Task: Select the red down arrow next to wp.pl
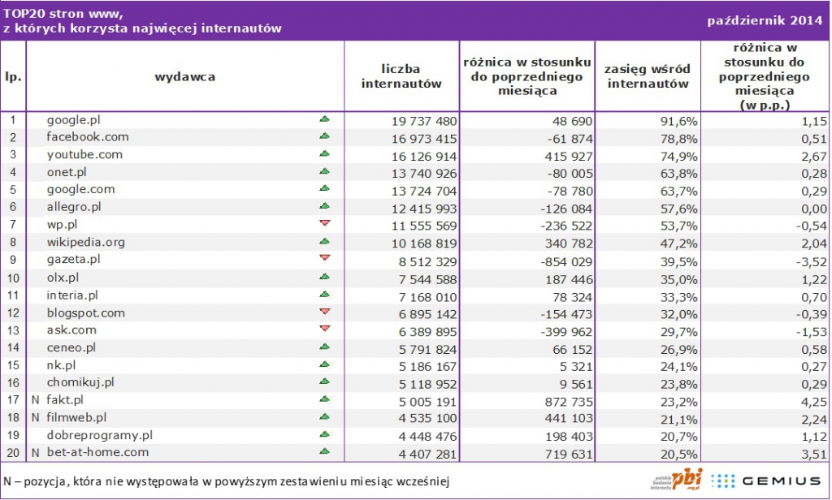point(325,223)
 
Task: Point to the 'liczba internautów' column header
point(401,76)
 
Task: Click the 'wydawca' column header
point(184,76)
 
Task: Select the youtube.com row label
point(84,154)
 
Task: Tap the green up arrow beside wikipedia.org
point(325,241)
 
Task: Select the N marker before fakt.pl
point(35,399)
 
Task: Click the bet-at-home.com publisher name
point(97,452)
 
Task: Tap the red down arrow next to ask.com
point(325,329)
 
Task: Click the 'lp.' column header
point(13,76)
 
